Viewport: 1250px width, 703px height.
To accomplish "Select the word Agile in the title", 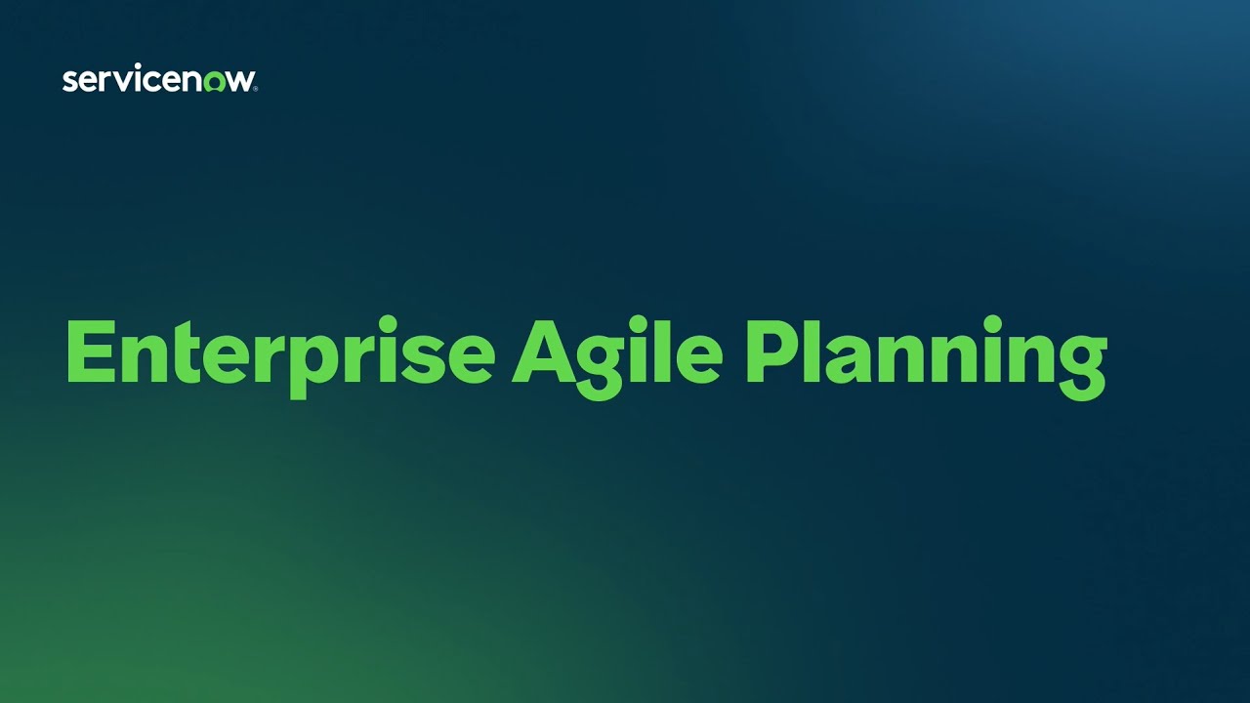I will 617,353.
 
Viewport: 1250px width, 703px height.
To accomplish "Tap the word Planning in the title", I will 926,353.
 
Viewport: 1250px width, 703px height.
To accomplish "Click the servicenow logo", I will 159,81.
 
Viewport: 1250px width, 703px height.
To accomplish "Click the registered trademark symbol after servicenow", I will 256,89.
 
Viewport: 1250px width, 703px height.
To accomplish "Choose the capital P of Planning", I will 770,351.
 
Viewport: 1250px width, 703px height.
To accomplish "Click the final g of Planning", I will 1079,367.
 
